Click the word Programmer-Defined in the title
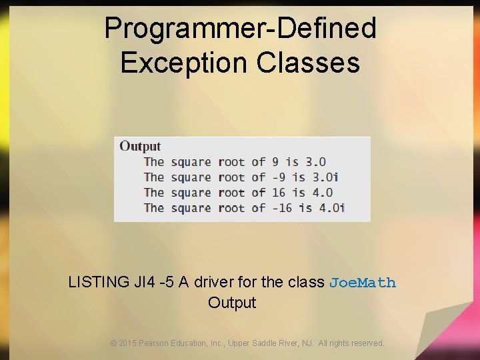click(x=240, y=29)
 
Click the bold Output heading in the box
click(x=140, y=147)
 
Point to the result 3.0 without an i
click(x=315, y=162)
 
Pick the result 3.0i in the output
click(x=326, y=177)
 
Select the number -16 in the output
click(x=281, y=208)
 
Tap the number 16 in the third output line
click(x=277, y=193)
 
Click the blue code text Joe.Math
click(x=363, y=283)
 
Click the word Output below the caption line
click(x=232, y=303)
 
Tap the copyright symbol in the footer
click(x=114, y=343)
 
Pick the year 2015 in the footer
click(x=127, y=343)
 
